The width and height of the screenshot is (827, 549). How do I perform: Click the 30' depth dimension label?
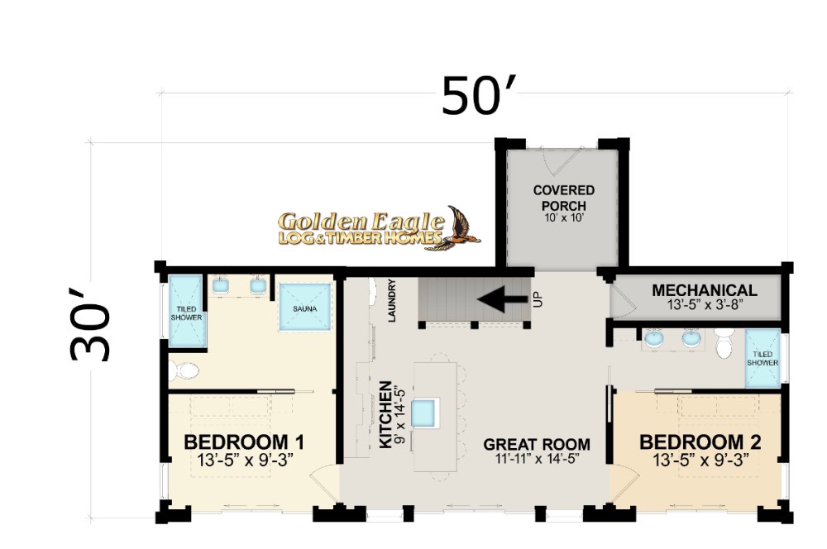90,324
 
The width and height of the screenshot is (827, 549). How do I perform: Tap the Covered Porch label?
563,198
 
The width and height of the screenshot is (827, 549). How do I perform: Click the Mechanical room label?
704,290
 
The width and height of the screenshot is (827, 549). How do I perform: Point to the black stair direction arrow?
502,299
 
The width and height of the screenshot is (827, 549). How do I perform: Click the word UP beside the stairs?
538,299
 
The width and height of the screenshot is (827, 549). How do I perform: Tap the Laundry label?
391,300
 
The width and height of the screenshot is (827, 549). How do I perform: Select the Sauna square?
305,307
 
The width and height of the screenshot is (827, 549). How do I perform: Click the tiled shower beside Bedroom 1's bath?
185,311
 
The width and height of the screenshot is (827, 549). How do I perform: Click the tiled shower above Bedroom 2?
762,359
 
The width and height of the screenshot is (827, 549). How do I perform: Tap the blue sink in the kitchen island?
423,413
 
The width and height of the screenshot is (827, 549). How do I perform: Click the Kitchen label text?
386,414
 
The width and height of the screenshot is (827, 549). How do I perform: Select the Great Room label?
537,445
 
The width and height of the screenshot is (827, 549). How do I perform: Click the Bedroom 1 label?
244,442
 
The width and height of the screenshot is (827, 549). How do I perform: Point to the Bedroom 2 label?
700,442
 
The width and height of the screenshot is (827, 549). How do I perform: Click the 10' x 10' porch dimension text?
563,217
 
